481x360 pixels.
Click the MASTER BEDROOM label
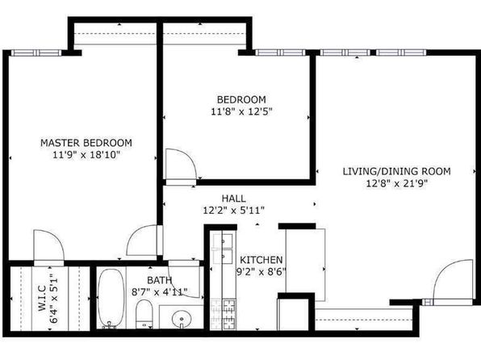pyautogui.click(x=86, y=143)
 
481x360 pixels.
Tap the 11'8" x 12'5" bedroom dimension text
pyautogui.click(x=241, y=111)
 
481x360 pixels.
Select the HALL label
pyautogui.click(x=234, y=199)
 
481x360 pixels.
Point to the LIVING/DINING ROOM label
pyautogui.click(x=396, y=171)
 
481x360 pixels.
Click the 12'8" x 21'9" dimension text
pyautogui.click(x=396, y=183)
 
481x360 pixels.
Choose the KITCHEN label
pyautogui.click(x=261, y=260)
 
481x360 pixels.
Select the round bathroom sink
pyautogui.click(x=182, y=319)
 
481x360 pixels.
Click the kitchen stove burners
pyautogui.click(x=224, y=314)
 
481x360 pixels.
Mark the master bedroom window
pyautogui.click(x=36, y=52)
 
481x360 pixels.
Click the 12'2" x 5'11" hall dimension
pyautogui.click(x=234, y=211)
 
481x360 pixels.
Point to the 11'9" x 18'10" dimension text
pyautogui.click(x=86, y=155)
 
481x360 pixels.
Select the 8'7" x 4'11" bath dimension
pyautogui.click(x=160, y=292)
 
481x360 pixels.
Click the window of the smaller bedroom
pyautogui.click(x=280, y=52)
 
